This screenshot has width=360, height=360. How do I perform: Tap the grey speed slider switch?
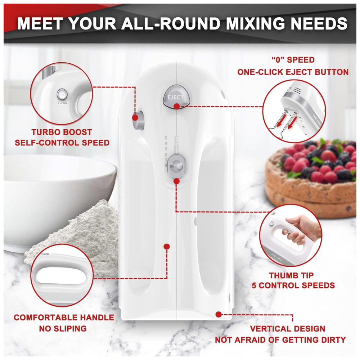(176, 166)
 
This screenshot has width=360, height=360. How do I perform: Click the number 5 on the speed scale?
(166, 138)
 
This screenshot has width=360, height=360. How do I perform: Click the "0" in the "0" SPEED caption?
(278, 60)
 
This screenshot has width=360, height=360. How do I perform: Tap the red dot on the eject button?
(176, 106)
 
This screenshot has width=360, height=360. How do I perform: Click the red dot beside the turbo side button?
(135, 118)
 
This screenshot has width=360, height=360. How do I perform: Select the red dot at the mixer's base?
(219, 314)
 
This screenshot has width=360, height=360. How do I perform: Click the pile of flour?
(78, 237)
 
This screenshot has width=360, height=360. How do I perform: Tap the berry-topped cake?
(311, 178)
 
